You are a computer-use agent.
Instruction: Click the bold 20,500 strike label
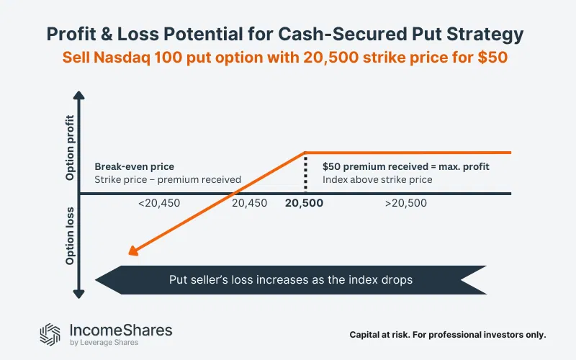(x=304, y=203)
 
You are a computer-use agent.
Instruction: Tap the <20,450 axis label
(x=159, y=203)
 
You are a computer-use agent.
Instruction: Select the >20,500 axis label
(x=405, y=203)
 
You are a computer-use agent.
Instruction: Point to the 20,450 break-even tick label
(x=249, y=203)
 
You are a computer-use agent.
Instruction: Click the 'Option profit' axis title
(x=70, y=148)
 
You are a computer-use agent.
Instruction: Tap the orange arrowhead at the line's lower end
(x=131, y=251)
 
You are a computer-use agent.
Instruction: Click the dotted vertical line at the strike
(x=305, y=173)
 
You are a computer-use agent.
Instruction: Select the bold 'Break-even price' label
(x=135, y=166)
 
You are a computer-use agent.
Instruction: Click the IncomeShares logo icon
(x=51, y=333)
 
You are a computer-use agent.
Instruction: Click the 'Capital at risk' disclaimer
(x=448, y=335)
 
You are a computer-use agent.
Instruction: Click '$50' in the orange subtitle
(x=494, y=58)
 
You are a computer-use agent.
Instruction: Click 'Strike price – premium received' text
(x=167, y=179)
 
